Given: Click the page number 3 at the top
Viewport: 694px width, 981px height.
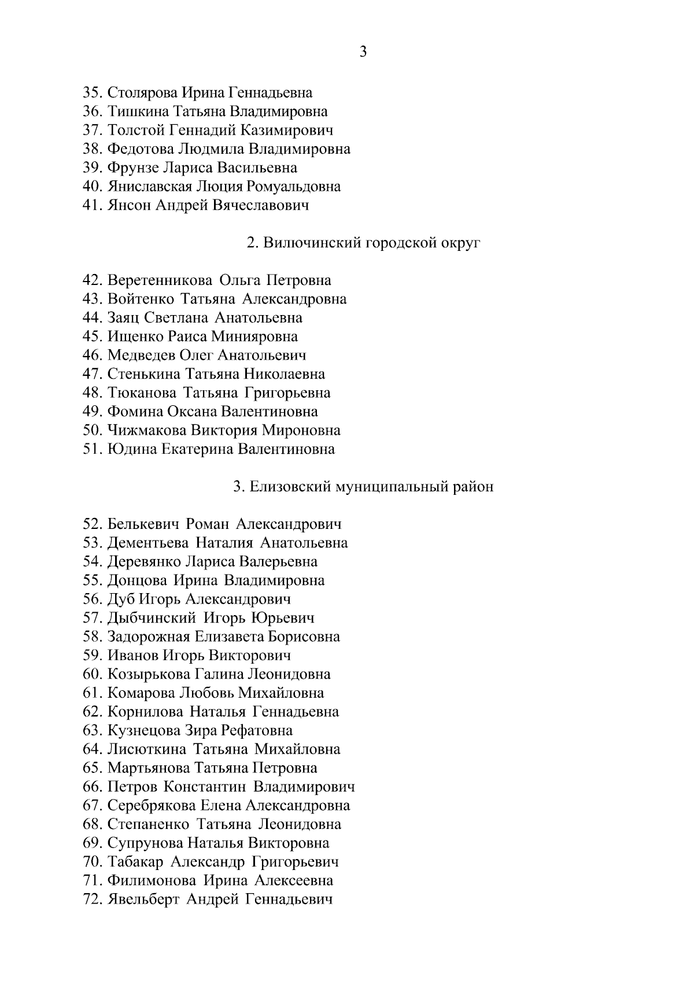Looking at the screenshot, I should [x=363, y=52].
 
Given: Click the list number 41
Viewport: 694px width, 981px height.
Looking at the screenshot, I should [x=93, y=205].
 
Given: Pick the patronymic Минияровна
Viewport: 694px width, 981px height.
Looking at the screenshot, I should [x=254, y=336].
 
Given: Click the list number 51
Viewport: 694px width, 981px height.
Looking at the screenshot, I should [x=93, y=449].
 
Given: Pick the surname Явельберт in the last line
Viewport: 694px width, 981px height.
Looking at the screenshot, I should [x=143, y=899].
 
